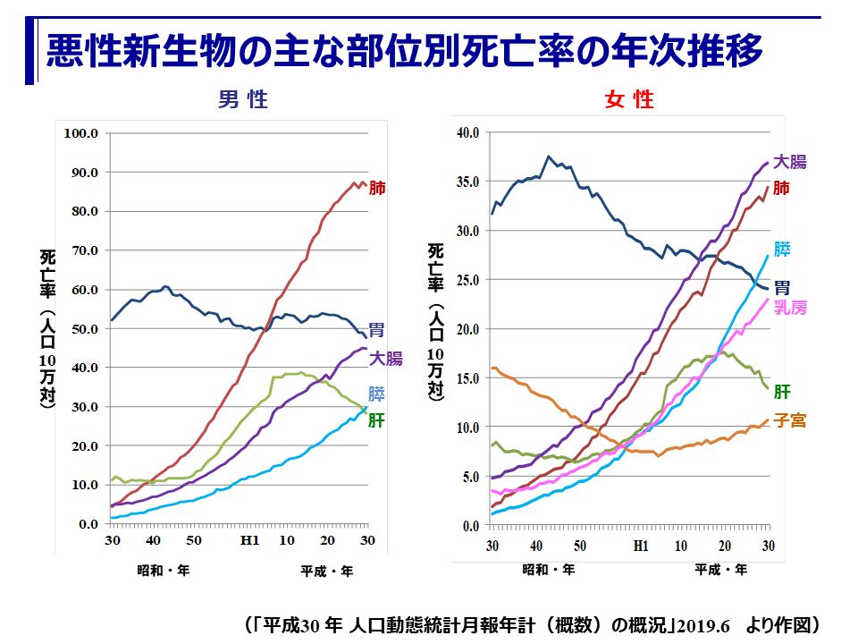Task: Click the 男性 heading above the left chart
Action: (x=243, y=99)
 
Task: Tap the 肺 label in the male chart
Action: (x=377, y=189)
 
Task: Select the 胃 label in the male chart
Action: (x=377, y=331)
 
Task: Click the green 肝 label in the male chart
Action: (x=376, y=419)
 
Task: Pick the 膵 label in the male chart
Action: (x=377, y=393)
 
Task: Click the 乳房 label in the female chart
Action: (x=790, y=308)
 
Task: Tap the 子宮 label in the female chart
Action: (x=789, y=419)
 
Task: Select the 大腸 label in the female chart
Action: (x=790, y=162)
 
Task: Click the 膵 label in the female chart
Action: (x=782, y=249)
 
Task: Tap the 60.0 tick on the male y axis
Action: (x=83, y=290)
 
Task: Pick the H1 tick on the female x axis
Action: (x=640, y=546)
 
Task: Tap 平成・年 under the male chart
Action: (x=326, y=570)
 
